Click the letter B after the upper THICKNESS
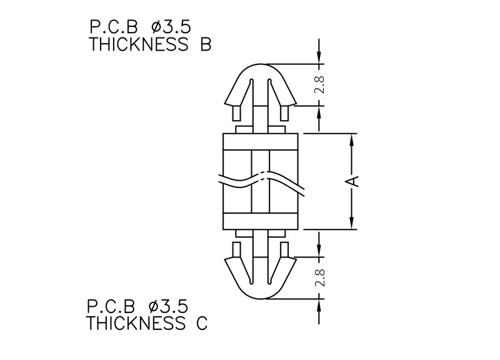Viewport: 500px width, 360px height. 206,44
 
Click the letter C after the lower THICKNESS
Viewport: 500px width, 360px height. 202,323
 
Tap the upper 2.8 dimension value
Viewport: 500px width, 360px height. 319,84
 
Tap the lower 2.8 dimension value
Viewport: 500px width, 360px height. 319,277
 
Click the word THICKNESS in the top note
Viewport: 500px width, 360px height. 139,44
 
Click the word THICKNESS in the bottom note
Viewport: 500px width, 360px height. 136,323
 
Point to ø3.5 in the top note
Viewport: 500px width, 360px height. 171,27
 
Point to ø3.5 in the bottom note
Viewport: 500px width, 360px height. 168,306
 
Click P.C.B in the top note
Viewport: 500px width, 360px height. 114,27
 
